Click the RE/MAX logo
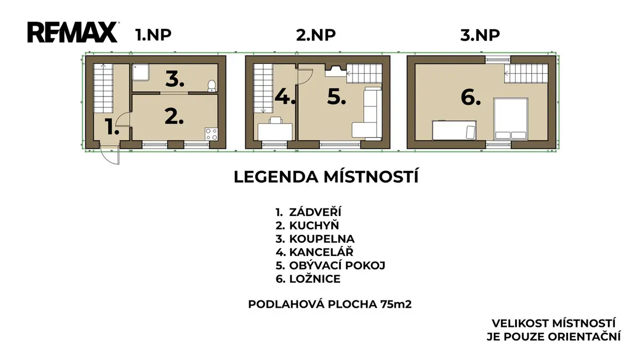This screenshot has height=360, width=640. [x=73, y=33]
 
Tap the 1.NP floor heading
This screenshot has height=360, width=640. [x=153, y=35]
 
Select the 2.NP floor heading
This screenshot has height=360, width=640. [x=316, y=35]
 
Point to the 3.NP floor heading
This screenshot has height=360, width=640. [x=480, y=35]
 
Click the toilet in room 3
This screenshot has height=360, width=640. [x=211, y=86]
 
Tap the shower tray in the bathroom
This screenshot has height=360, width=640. [x=141, y=73]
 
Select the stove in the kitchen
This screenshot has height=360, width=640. [x=211, y=134]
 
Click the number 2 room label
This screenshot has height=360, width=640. [x=174, y=117]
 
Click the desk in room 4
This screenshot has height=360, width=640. [x=275, y=132]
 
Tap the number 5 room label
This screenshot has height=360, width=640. [x=337, y=97]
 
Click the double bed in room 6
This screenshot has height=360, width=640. [x=511, y=119]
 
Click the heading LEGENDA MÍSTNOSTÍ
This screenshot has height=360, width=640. [x=326, y=177]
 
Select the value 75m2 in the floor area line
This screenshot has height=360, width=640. [x=396, y=305]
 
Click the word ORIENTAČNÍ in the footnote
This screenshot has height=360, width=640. [x=585, y=337]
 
